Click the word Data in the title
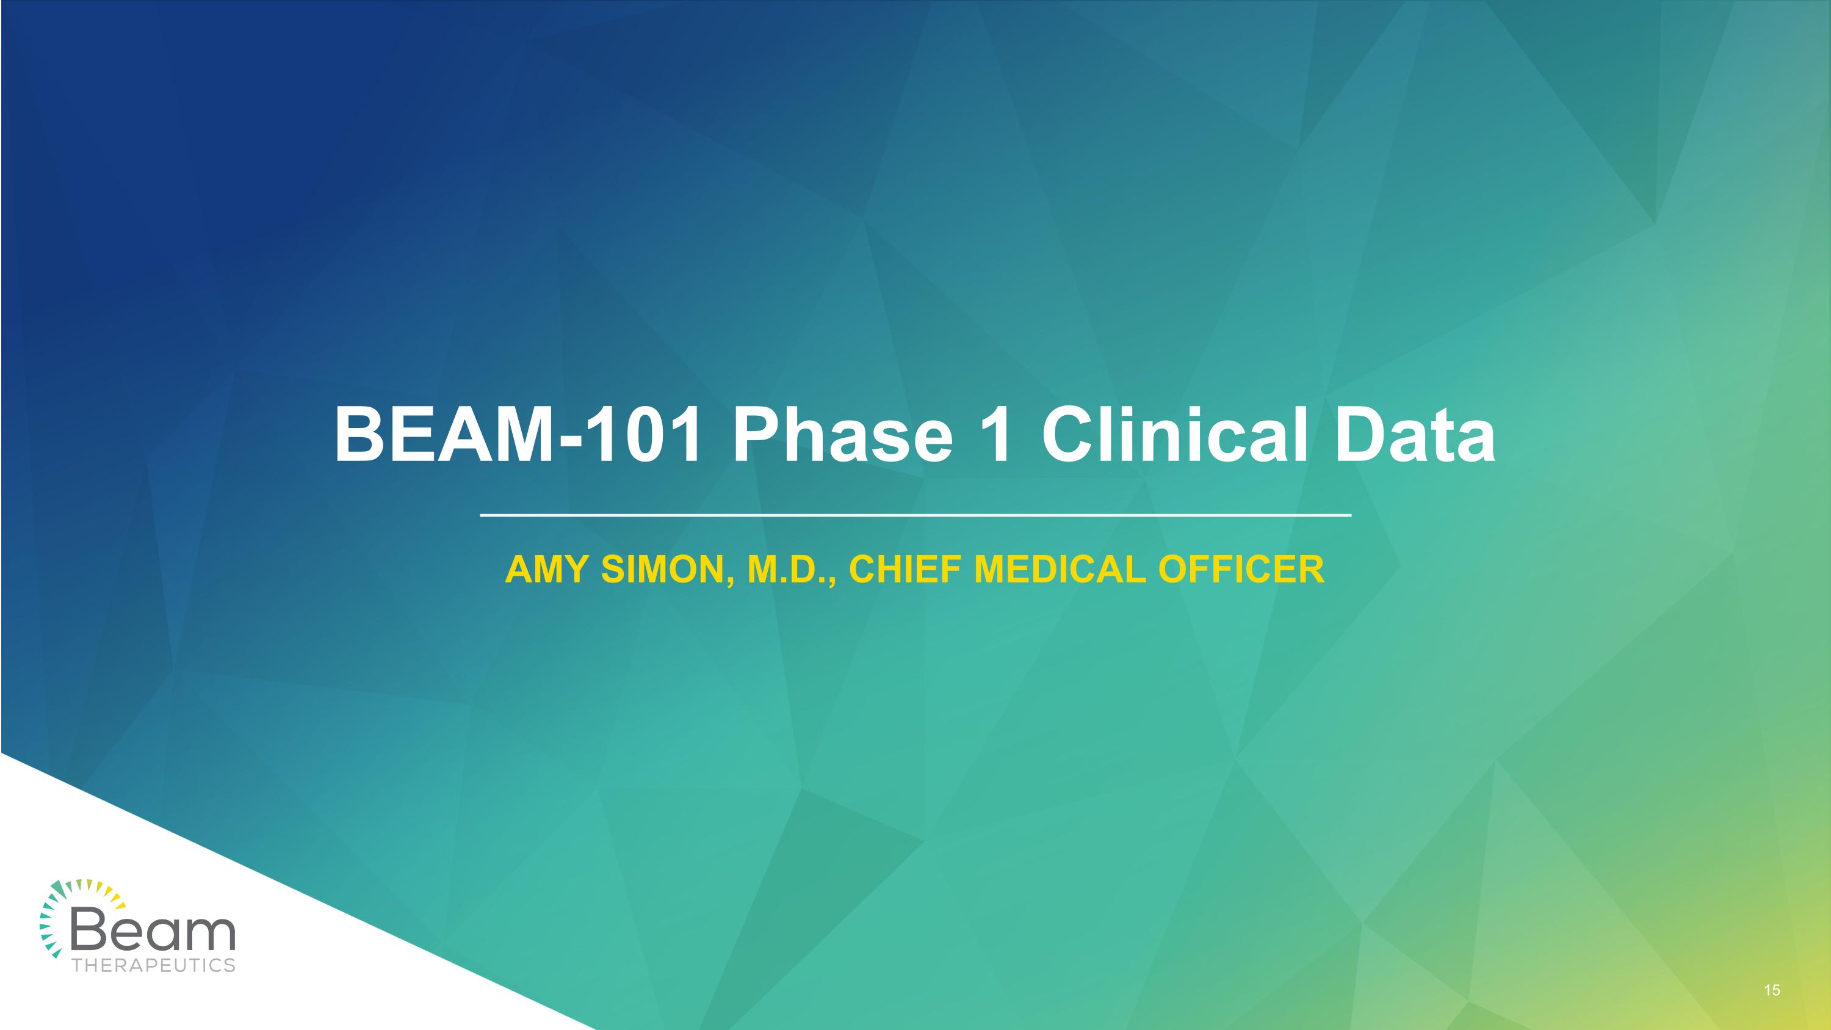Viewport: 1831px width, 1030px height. coord(1415,435)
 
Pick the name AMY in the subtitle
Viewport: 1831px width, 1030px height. coord(547,570)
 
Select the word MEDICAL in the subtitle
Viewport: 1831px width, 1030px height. coord(1059,570)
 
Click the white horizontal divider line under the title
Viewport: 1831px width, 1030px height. coord(915,515)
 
